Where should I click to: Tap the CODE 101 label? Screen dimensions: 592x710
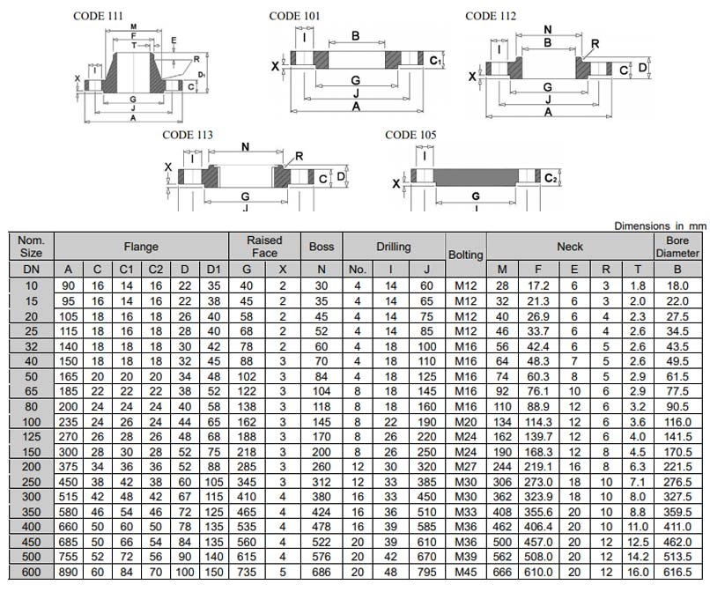pyautogui.click(x=295, y=15)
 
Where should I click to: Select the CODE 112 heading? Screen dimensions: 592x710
pyautogui.click(x=491, y=15)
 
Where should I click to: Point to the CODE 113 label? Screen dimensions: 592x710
pyautogui.click(x=187, y=135)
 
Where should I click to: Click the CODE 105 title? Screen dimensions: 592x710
pyautogui.click(x=411, y=135)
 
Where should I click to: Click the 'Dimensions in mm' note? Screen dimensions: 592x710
pyautogui.click(x=660, y=226)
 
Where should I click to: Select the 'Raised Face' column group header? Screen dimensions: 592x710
pyautogui.click(x=264, y=247)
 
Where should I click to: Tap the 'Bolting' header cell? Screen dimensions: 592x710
pyautogui.click(x=466, y=255)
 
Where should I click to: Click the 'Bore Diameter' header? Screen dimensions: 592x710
pyautogui.click(x=677, y=247)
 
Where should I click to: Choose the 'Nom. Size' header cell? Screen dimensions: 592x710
pyautogui.click(x=31, y=247)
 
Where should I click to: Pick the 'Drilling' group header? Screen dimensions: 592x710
pyautogui.click(x=393, y=247)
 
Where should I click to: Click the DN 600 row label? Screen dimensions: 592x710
pyautogui.click(x=31, y=572)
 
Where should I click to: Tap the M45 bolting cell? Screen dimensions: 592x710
pyautogui.click(x=465, y=572)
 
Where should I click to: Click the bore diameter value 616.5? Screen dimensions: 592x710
pyautogui.click(x=677, y=572)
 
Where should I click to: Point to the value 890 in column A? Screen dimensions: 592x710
pyautogui.click(x=68, y=572)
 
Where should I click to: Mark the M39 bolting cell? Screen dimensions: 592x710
pyautogui.click(x=465, y=556)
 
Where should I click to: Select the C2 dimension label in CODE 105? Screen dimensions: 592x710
pyautogui.click(x=551, y=178)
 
